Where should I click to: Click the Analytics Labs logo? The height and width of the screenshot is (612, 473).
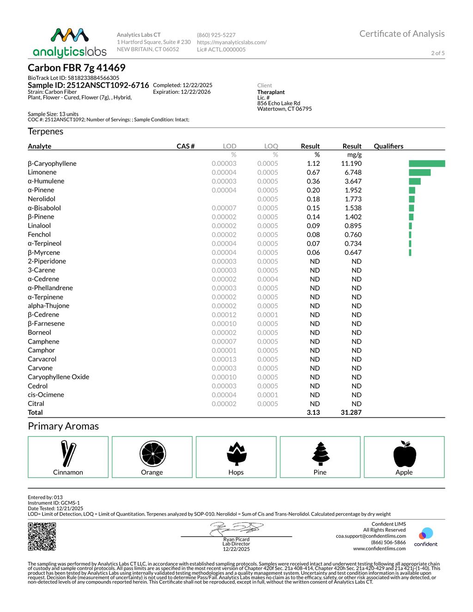pos(69,42)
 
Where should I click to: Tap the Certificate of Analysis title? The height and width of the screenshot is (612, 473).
pos(402,34)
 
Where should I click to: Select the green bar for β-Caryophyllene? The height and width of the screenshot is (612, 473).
pos(427,164)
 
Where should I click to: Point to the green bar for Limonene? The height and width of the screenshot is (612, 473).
pos(419,172)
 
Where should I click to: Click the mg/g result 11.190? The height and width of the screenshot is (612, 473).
pos(351,164)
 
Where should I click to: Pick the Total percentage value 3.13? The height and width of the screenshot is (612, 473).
pos(313,412)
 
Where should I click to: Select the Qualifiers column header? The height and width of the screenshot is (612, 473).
pos(388,146)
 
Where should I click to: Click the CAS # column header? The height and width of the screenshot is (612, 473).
pos(186,146)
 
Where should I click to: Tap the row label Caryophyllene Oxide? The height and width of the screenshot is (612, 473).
pos(58,377)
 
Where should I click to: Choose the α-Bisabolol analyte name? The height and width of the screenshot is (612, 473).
pos(44,208)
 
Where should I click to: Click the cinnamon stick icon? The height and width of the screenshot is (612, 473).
pos(68,454)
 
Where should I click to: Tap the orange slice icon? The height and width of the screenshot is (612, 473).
pos(152,454)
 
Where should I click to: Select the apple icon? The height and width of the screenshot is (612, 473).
pos(405,454)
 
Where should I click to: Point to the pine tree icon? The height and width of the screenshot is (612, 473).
pos(320,454)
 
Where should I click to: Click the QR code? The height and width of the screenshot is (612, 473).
pos(42,536)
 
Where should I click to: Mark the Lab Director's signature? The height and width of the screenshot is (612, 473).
pos(236,528)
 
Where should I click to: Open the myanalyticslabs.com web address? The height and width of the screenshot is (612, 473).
pos(231,42)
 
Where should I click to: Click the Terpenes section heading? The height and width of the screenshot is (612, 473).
pos(45,132)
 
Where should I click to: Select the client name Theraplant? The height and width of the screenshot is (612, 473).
pos(271,92)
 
